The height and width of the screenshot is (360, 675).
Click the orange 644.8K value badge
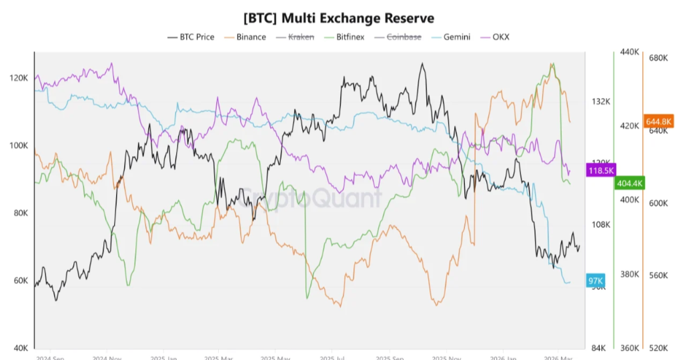click(x=659, y=121)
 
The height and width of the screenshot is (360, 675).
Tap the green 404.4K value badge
click(x=630, y=183)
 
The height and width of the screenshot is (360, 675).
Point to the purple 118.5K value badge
click(x=600, y=171)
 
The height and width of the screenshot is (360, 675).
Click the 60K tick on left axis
click(x=20, y=281)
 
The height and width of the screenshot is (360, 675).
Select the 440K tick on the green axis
click(x=630, y=52)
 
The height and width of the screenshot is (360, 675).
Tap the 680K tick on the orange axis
click(x=658, y=58)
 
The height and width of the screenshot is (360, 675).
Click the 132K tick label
click(x=601, y=101)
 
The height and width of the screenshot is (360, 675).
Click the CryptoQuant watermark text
click(x=310, y=197)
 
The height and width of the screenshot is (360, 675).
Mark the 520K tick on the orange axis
click(x=658, y=348)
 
